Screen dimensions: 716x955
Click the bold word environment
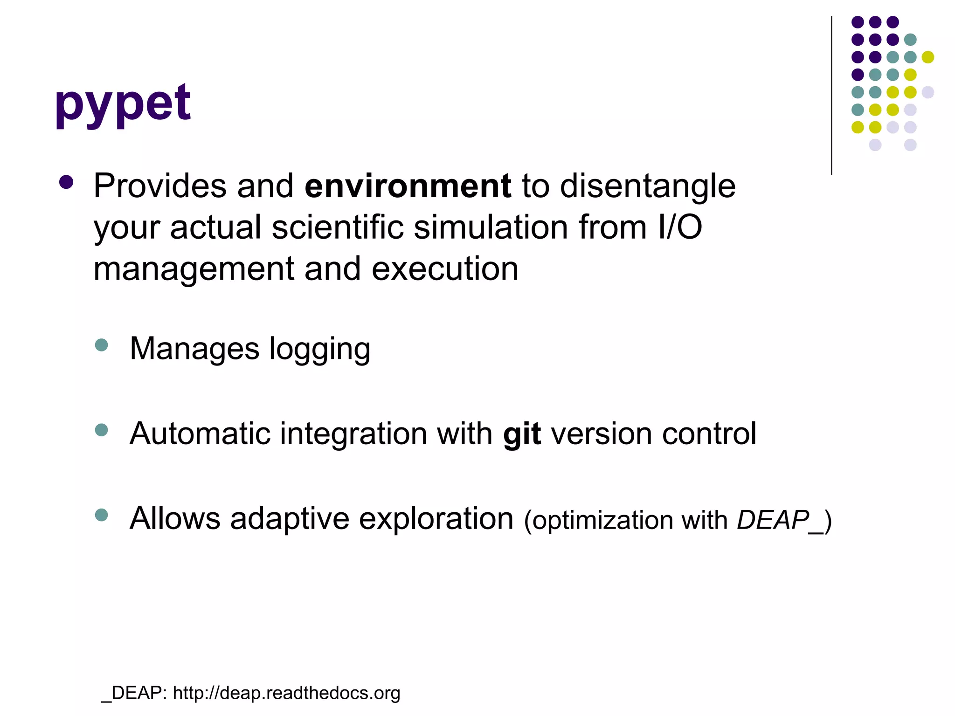(x=408, y=186)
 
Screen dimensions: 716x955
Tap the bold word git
(x=522, y=434)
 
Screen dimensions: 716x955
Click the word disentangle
(x=647, y=186)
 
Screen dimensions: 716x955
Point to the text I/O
(x=680, y=227)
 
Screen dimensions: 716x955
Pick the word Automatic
(x=200, y=434)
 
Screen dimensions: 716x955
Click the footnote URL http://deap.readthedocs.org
(x=286, y=693)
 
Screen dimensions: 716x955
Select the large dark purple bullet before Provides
(x=67, y=182)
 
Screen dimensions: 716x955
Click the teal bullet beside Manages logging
(x=101, y=345)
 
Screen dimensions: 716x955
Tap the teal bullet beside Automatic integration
(x=101, y=430)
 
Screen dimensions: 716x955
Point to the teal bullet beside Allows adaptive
(x=101, y=515)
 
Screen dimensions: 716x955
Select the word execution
(x=445, y=269)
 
